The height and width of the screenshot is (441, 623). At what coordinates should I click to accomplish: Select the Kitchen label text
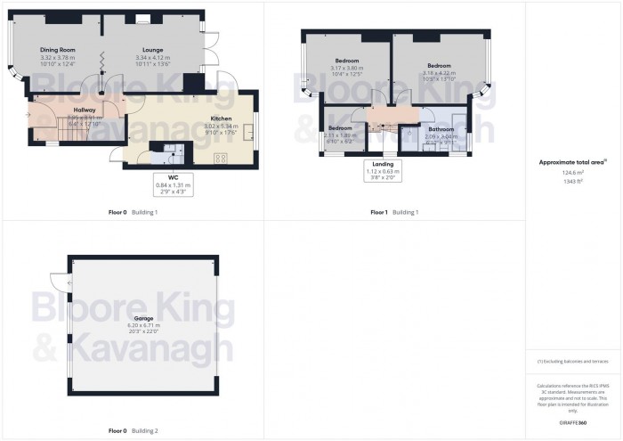[222, 118]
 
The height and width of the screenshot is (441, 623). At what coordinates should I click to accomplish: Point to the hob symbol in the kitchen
[222, 159]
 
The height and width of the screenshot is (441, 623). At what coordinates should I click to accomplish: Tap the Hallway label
[85, 110]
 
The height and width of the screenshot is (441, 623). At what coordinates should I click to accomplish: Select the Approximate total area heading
[572, 162]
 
